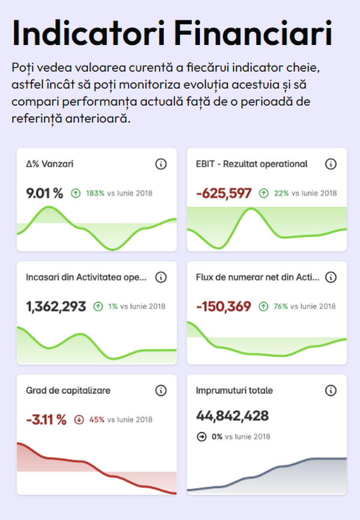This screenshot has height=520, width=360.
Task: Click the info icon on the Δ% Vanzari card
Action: [161, 164]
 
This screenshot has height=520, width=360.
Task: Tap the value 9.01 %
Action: [44, 193]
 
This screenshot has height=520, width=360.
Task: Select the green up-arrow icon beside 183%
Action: [76, 193]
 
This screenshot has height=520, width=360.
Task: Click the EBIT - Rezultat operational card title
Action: [251, 163]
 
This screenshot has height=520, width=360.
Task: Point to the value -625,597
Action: [224, 193]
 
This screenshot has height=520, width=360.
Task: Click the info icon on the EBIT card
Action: [331, 164]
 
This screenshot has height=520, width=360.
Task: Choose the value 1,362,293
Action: [56, 306]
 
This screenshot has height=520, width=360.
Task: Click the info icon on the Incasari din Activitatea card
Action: [161, 277]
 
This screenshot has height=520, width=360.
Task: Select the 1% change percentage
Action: [113, 307]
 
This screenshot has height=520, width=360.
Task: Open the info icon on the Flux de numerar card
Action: [331, 277]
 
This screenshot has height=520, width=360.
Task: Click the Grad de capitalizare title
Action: [68, 390]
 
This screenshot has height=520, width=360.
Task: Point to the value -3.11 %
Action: [46, 419]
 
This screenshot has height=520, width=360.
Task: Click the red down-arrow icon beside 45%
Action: [79, 420]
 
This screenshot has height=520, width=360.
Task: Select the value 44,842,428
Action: [232, 416]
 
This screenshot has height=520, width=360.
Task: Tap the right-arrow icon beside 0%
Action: [202, 437]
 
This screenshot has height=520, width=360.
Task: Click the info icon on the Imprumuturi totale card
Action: [331, 390]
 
